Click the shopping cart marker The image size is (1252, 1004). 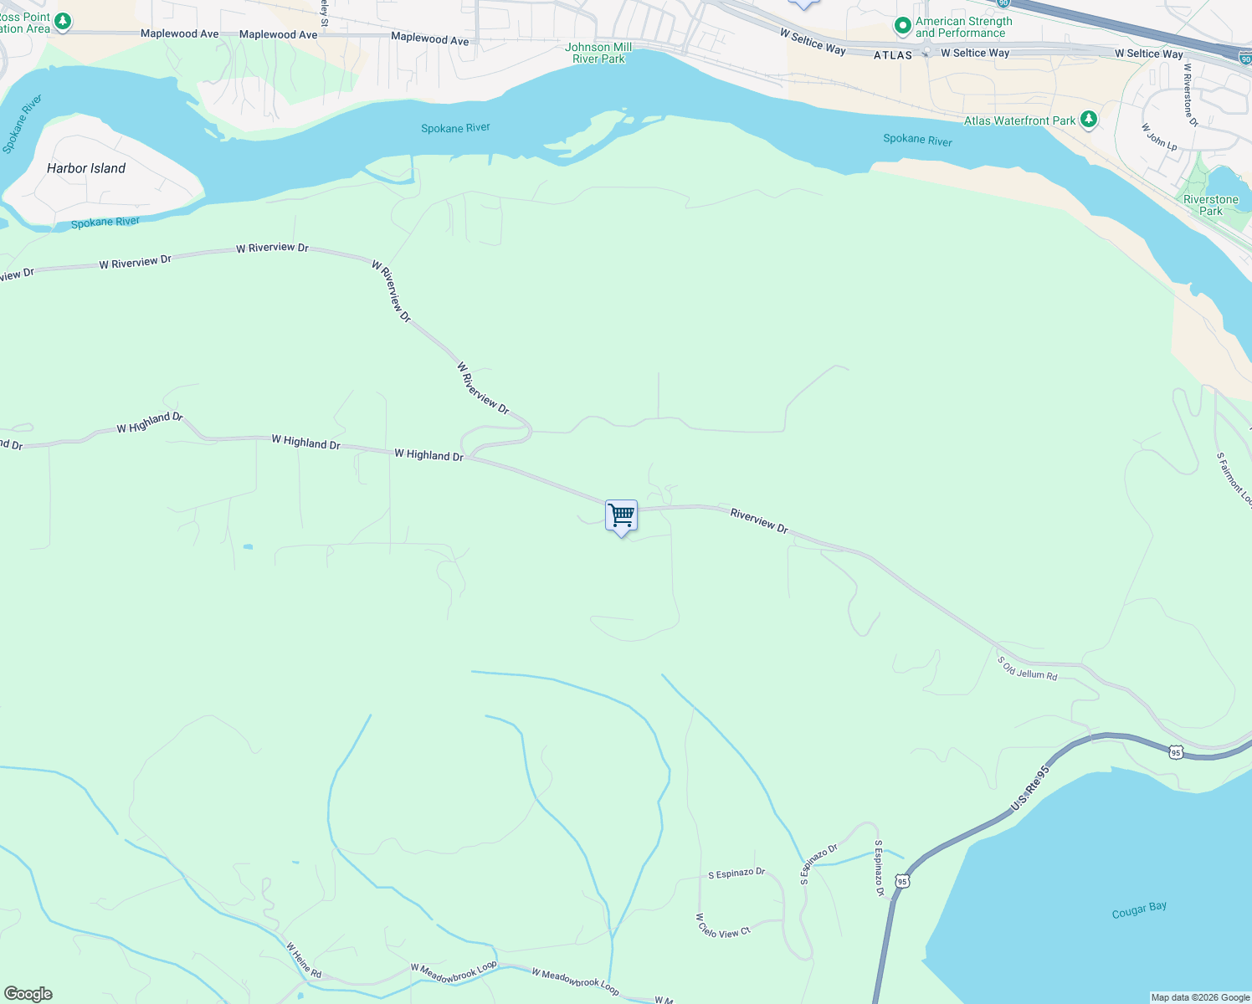click(621, 516)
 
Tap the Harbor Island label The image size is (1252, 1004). click(86, 168)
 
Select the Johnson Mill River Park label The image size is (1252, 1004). click(598, 53)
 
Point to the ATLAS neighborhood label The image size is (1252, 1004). click(893, 55)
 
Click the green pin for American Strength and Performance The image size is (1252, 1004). click(902, 27)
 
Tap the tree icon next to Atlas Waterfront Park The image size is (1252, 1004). click(1088, 120)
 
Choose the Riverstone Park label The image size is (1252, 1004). click(1210, 205)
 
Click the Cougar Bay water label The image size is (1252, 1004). click(1139, 910)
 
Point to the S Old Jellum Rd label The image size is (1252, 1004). click(1027, 668)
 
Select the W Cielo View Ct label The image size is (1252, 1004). click(723, 925)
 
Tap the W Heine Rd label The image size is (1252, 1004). click(304, 960)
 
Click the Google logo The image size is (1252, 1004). click(28, 994)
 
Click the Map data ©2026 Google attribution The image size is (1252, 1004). click(1200, 997)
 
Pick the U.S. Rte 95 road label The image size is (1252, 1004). click(1029, 788)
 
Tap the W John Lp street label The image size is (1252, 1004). click(1159, 137)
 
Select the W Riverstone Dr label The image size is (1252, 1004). click(1190, 95)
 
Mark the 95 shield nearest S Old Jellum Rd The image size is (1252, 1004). click(1176, 753)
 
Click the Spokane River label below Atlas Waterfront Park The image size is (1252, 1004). click(917, 140)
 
